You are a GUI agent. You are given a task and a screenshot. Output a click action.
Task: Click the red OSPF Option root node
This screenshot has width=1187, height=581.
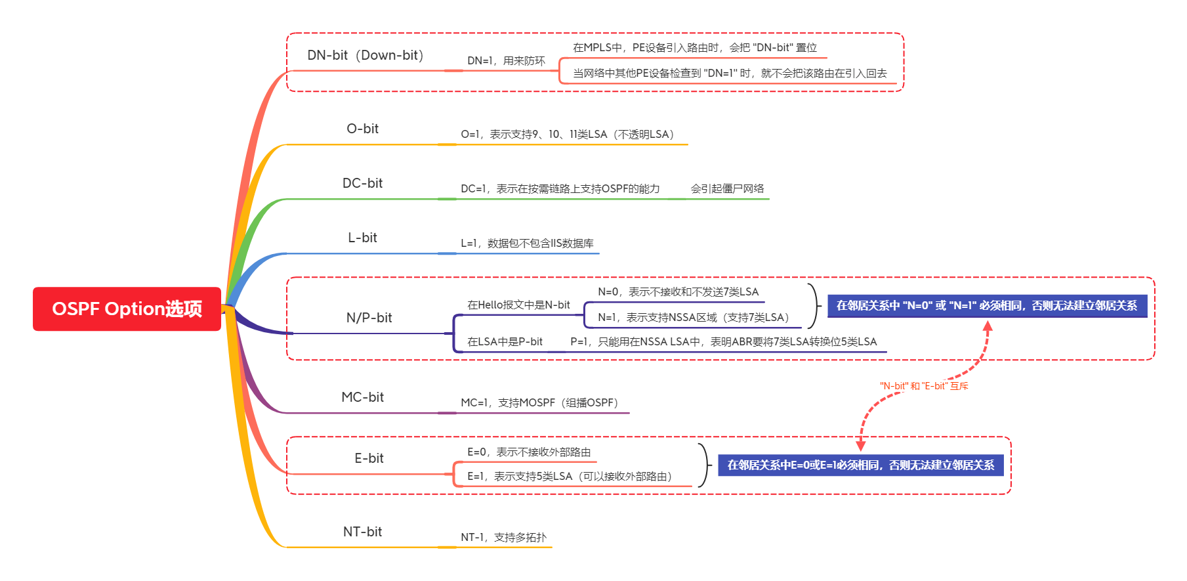(127, 309)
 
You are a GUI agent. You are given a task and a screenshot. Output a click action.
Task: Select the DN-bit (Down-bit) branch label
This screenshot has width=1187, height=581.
(365, 55)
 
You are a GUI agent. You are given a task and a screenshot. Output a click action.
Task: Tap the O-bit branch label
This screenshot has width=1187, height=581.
(362, 129)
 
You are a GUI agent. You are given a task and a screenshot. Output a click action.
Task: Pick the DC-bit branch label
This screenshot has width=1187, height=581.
(362, 183)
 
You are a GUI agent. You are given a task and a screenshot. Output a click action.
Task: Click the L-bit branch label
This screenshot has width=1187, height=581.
(362, 238)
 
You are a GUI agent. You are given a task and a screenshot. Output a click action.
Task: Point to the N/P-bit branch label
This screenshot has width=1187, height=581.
(369, 318)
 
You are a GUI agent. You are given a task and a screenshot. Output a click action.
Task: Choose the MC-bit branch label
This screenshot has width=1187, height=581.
(362, 397)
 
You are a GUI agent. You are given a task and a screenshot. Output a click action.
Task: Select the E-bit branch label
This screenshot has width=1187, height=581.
(369, 458)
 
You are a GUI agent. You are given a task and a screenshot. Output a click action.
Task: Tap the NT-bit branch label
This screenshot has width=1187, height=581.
(362, 532)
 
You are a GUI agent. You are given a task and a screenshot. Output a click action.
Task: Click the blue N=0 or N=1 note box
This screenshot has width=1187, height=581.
(987, 306)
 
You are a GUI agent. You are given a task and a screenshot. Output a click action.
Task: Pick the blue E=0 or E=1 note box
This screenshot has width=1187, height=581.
(860, 465)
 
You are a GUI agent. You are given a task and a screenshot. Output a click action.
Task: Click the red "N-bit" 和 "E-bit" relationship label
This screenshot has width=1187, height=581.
(924, 386)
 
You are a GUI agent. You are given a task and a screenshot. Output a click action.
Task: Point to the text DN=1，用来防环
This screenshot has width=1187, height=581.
(506, 61)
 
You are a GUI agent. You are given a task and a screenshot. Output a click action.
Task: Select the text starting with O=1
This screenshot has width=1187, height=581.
(568, 135)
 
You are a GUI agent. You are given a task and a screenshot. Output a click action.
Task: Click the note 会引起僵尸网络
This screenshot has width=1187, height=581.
(727, 189)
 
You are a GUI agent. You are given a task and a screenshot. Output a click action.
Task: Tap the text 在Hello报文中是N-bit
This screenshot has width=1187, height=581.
(518, 305)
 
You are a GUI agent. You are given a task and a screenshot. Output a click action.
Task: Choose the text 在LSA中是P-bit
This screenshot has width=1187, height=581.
(505, 342)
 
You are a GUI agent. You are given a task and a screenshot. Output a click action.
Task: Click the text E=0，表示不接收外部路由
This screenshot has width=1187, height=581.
(529, 452)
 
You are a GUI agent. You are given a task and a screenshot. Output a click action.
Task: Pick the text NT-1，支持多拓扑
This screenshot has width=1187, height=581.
(503, 538)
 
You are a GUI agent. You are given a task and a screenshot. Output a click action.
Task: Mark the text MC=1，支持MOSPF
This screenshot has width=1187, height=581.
(539, 403)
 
